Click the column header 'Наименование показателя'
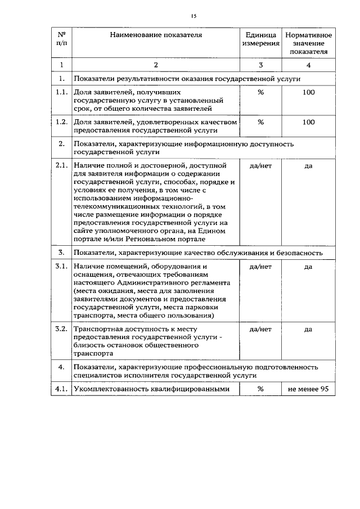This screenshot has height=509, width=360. (156, 35)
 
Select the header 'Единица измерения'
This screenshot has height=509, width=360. (260, 39)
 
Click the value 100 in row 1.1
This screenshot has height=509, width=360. (308, 92)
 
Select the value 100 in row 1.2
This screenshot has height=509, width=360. (308, 121)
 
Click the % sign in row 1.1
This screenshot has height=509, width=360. (260, 92)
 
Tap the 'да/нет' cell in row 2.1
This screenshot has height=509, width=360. (260, 166)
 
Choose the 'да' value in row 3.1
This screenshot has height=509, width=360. (308, 267)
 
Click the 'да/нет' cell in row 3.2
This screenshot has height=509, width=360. (260, 330)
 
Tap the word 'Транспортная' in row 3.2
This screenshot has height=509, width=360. (97, 330)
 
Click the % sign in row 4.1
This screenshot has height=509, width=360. (260, 389)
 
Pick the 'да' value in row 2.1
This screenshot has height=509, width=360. (308, 166)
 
